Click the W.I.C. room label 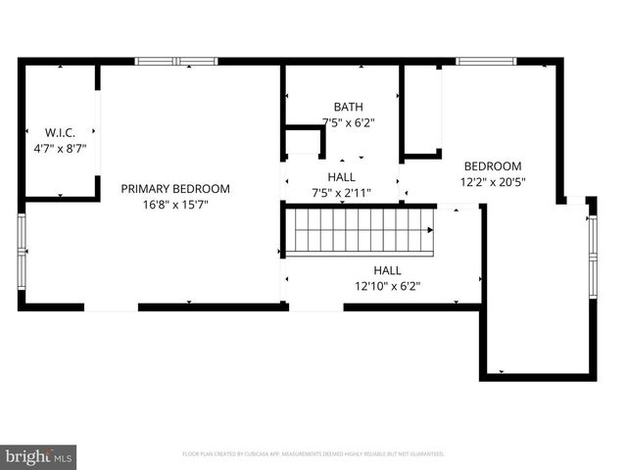60,131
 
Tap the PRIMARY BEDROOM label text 175,189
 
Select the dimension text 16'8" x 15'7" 175,205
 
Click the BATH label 348,107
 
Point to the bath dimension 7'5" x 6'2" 348,122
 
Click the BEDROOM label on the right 492,166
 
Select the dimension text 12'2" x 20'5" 492,181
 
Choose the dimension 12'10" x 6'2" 387,286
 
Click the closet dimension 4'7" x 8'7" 60,148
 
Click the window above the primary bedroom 175,62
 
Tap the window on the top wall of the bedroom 487,62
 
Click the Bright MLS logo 39,455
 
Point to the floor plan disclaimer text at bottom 313,454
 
